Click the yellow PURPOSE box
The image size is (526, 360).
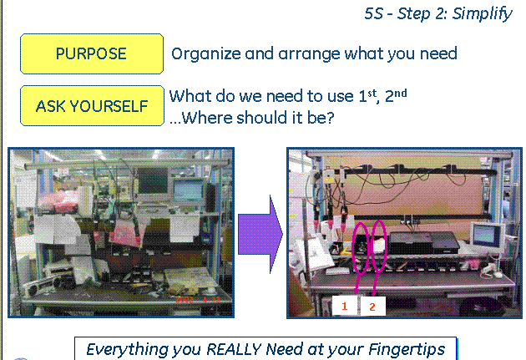(92, 53)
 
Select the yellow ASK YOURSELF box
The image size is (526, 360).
(92, 106)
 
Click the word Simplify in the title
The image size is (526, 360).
(482, 14)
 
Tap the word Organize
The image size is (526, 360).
(206, 54)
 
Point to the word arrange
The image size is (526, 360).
(309, 54)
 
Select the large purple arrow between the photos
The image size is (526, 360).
(260, 234)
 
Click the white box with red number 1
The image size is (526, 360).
(345, 306)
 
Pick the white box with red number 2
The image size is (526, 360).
(372, 307)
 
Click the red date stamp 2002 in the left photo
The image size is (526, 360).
(185, 299)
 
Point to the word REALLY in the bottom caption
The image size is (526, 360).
(234, 350)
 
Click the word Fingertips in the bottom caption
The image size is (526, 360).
(407, 350)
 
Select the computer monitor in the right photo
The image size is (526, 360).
(487, 237)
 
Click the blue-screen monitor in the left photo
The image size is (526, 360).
(189, 191)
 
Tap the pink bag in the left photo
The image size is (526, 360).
(58, 201)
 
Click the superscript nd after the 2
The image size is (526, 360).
(401, 93)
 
